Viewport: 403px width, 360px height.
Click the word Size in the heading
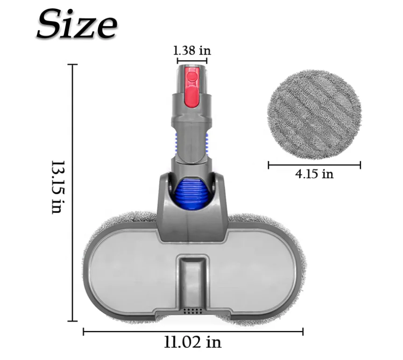point(76,24)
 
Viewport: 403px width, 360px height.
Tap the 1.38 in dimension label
point(192,50)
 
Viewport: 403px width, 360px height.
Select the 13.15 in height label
point(57,187)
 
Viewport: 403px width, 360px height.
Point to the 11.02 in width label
point(193,343)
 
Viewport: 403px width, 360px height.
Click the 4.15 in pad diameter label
point(314,174)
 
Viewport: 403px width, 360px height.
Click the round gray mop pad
point(314,114)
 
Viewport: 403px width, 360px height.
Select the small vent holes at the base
point(192,310)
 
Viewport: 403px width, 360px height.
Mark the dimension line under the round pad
point(314,165)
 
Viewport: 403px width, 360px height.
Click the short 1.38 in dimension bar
point(192,60)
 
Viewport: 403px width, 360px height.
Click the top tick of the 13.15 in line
point(72,65)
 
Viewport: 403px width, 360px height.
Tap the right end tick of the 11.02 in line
point(303,331)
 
